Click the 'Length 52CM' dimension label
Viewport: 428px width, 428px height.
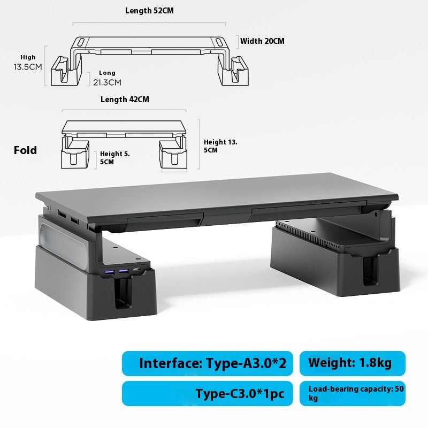point(149,11)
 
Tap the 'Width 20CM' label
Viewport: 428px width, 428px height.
point(262,41)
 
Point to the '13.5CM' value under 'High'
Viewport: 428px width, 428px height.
point(28,67)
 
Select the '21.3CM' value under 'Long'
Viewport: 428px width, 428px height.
point(107,82)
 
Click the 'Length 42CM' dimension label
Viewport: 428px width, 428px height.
point(125,100)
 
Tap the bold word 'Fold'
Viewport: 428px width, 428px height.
point(26,150)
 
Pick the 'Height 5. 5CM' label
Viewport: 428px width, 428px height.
point(115,157)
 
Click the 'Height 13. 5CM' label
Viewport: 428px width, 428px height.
point(220,146)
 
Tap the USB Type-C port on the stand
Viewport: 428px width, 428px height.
point(138,272)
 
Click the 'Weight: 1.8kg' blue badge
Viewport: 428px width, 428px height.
point(353,363)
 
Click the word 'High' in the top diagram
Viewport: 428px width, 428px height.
point(28,57)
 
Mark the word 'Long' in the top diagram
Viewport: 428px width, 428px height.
point(107,73)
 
